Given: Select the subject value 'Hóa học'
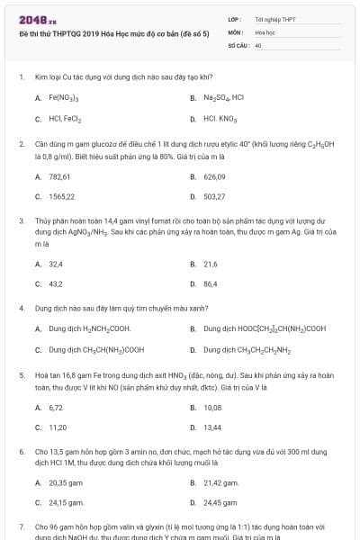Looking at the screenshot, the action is [265, 31].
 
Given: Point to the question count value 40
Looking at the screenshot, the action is [258, 44].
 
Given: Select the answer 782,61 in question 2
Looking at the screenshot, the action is [61, 177].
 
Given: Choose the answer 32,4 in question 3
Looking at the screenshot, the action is [56, 265].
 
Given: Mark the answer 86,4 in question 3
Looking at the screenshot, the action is [211, 284].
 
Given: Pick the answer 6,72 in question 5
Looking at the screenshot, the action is [56, 408].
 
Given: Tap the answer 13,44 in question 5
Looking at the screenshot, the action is [212, 427].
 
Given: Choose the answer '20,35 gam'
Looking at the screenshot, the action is [66, 483].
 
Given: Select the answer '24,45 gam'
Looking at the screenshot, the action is [220, 503].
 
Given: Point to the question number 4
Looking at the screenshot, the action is [21, 308].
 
